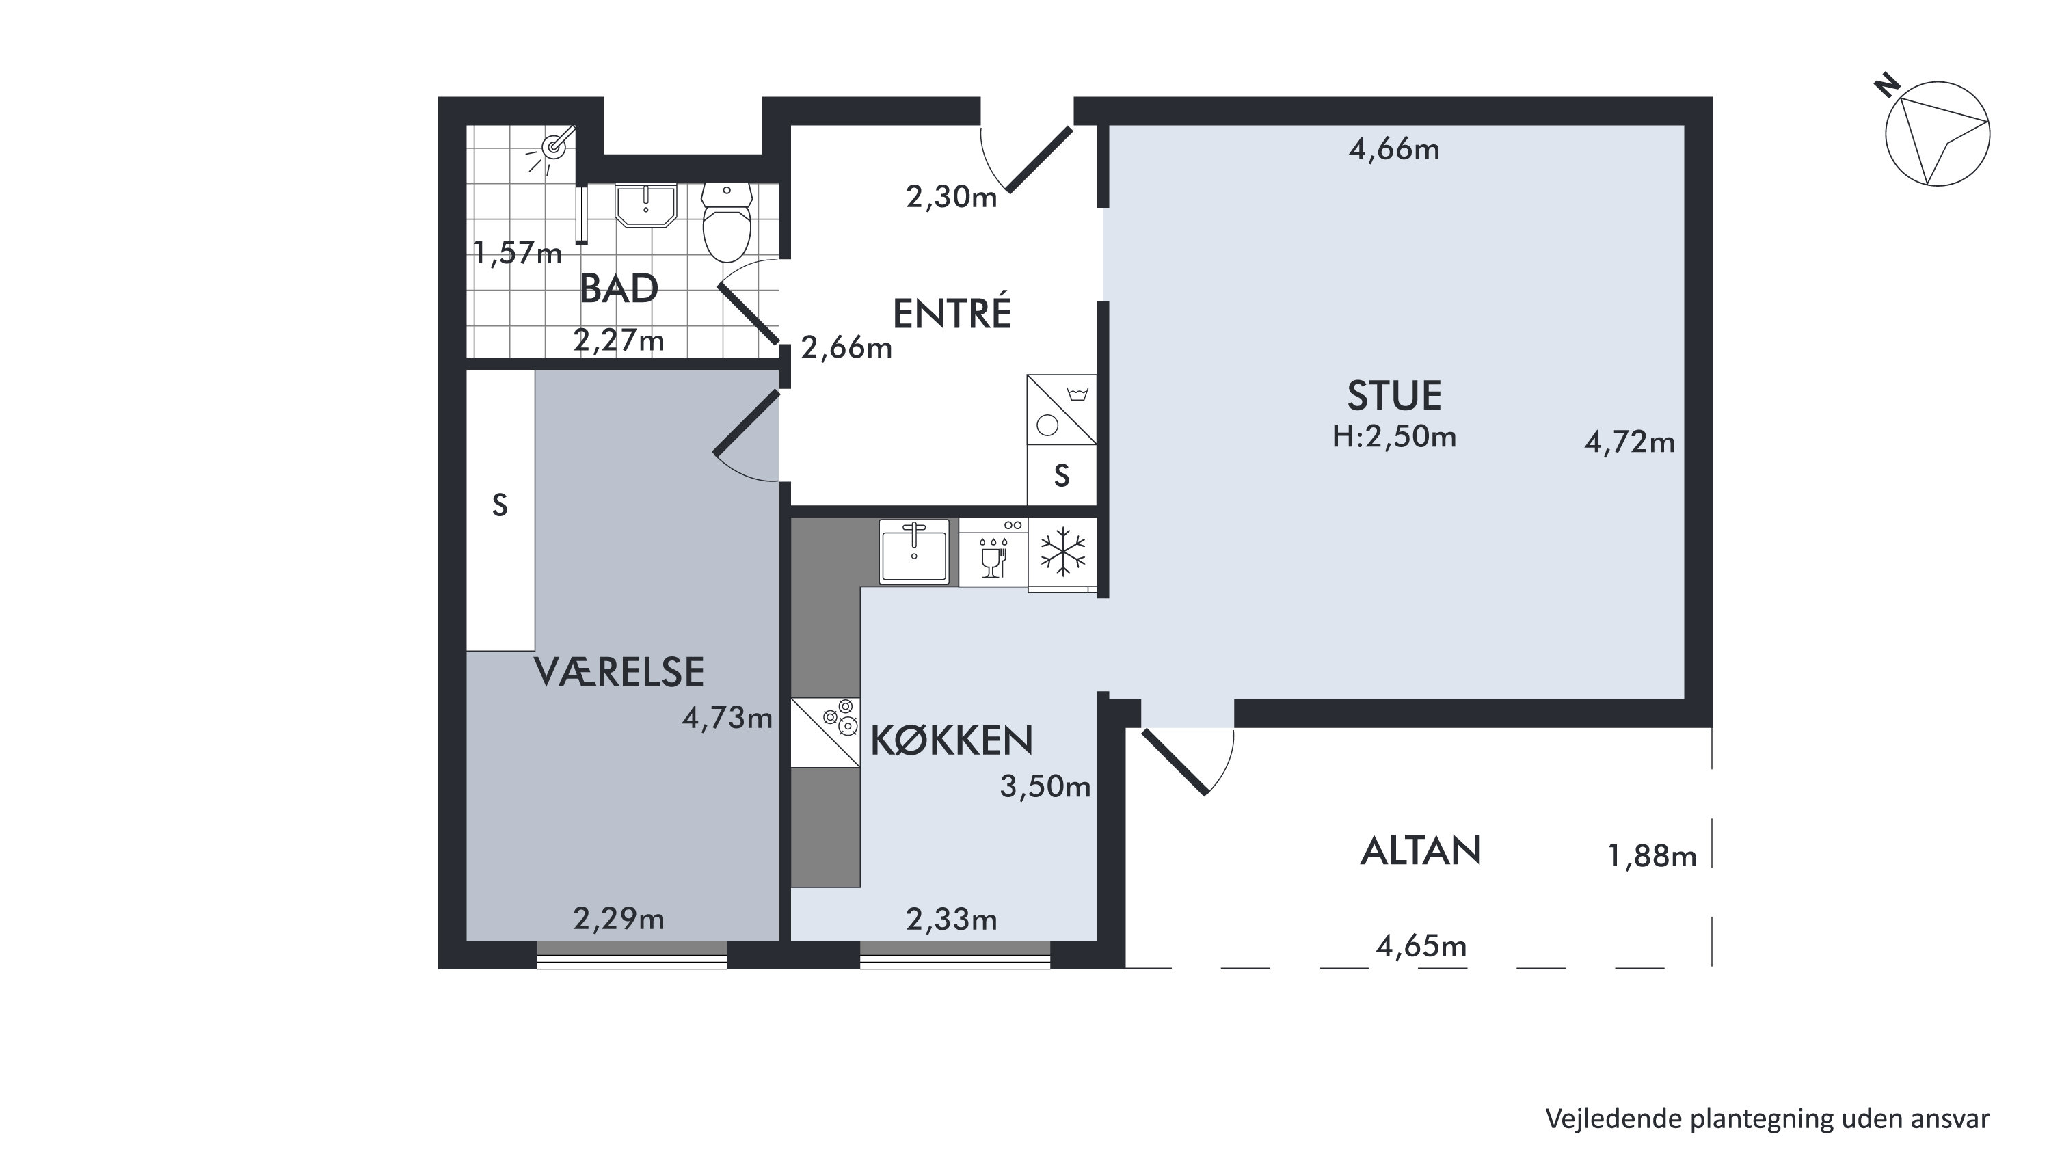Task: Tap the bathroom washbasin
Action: click(646, 205)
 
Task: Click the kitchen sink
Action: click(914, 551)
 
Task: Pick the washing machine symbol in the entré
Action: click(1061, 409)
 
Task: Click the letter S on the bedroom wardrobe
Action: click(500, 505)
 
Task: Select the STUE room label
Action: click(1394, 396)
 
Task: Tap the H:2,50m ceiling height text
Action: click(1394, 437)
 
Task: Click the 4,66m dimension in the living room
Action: click(1394, 150)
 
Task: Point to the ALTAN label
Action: click(1421, 851)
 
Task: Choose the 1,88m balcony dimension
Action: click(1652, 856)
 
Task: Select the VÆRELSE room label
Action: click(619, 673)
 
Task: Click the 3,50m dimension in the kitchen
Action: click(1045, 787)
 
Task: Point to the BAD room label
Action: click(619, 288)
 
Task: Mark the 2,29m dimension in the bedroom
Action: click(619, 920)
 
